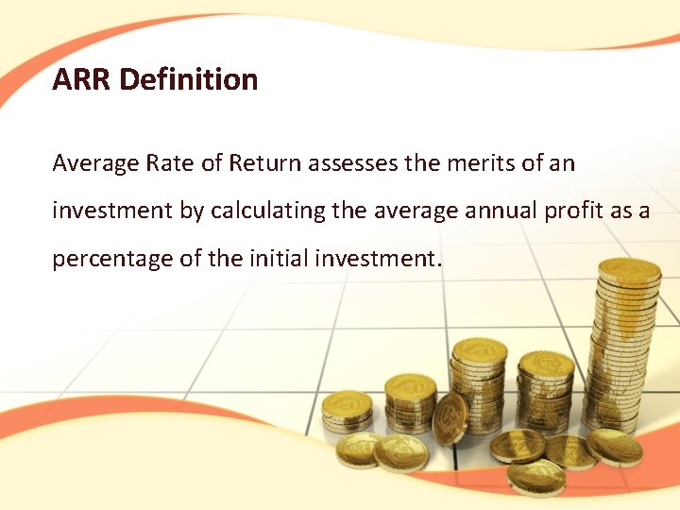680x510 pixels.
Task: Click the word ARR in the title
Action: [x=81, y=79]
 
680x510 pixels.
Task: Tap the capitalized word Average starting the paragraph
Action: [x=94, y=163]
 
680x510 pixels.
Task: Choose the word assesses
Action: [x=353, y=163]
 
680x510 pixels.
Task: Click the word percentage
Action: [x=111, y=259]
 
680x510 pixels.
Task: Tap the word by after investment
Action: [x=192, y=211]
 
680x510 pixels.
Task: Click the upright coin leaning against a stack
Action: [x=450, y=416]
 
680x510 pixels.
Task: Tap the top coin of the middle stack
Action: [x=480, y=351]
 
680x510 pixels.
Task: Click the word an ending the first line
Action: [x=562, y=163]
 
